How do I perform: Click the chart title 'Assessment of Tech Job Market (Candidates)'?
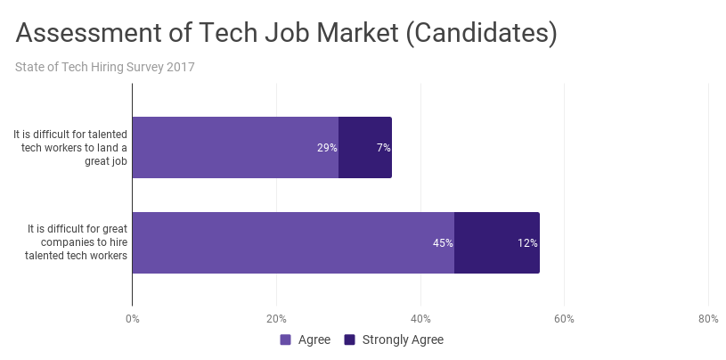coord(287,34)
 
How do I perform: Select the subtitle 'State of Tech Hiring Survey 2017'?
coord(105,67)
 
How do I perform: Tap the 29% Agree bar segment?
coord(235,147)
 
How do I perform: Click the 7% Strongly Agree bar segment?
coord(364,147)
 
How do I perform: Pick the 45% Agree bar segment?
coord(293,242)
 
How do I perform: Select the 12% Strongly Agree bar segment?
coord(496,242)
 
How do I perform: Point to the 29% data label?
coord(327,148)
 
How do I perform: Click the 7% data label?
coord(383,148)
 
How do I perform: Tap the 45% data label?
coord(443,242)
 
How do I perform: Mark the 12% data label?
coord(527,242)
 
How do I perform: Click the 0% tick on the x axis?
coord(133,319)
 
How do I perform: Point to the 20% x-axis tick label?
coord(276,319)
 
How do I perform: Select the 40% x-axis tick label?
coord(420,319)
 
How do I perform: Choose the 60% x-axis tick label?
coord(564,319)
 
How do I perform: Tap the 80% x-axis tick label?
coord(707,319)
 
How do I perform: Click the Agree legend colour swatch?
coord(286,340)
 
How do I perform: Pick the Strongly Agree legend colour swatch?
coord(350,340)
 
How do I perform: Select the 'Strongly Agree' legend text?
coord(402,340)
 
